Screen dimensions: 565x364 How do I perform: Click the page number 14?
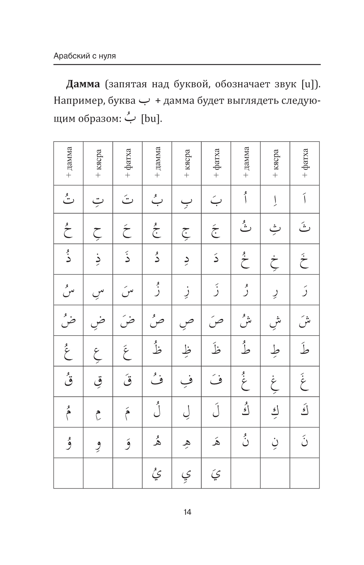click(187, 512)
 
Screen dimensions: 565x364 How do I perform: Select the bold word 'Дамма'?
click(83, 84)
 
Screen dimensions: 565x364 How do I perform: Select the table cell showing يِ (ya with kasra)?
click(186, 473)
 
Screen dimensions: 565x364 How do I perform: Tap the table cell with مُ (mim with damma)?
click(68, 412)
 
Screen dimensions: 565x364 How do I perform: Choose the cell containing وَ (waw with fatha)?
click(127, 443)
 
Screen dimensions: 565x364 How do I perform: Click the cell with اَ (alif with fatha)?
click(304, 199)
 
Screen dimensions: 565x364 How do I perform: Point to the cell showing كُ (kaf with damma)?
click(245, 412)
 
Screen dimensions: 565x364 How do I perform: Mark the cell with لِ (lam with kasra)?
click(186, 412)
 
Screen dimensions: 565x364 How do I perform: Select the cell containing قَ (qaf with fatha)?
click(127, 382)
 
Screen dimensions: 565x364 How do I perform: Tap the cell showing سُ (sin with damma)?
click(68, 290)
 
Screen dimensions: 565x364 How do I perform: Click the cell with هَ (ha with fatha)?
click(216, 443)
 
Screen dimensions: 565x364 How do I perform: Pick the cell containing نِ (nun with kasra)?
click(275, 443)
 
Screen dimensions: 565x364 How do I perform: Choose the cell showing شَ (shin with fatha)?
click(304, 320)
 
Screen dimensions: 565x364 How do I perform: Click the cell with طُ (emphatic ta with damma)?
click(245, 351)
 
